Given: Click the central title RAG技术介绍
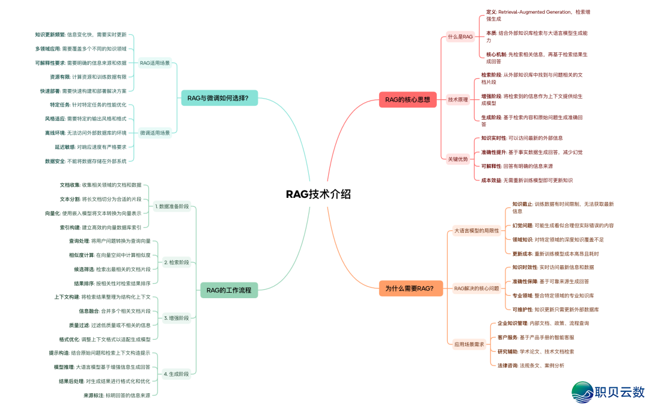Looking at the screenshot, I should (x=318, y=194).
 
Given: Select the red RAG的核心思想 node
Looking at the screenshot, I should (x=407, y=100).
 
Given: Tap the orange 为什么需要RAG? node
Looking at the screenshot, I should (x=409, y=289).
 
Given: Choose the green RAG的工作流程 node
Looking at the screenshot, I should (x=229, y=290).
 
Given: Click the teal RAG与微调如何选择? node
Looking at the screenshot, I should (x=219, y=97).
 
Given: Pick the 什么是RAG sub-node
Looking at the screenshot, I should (x=460, y=37).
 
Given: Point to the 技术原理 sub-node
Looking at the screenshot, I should (x=458, y=100).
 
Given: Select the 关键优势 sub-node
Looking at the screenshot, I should (x=458, y=159).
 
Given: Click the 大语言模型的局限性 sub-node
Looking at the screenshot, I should (x=476, y=230).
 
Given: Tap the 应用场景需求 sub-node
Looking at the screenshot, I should (x=469, y=344).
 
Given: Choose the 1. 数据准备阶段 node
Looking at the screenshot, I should (x=172, y=206).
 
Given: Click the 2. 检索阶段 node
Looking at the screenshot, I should (x=177, y=262).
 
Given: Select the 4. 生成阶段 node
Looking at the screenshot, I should (x=177, y=374).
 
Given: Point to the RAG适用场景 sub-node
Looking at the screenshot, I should (x=154, y=63).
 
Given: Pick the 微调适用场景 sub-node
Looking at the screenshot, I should (x=154, y=132).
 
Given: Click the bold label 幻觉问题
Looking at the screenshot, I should (x=522, y=225).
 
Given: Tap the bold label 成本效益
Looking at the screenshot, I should (x=491, y=180).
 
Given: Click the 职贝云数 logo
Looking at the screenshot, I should (x=608, y=391).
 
